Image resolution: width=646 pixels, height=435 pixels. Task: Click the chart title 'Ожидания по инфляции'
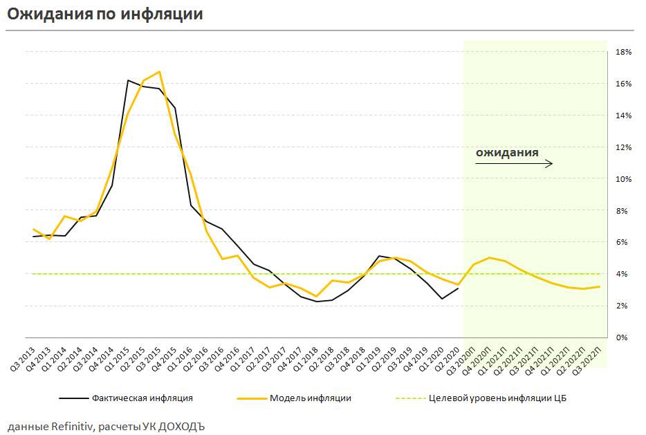105,14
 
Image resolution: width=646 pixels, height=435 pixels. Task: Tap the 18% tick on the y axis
622,52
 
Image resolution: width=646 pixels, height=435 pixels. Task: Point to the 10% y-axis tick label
622,179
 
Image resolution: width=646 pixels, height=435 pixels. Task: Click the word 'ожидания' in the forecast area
507,152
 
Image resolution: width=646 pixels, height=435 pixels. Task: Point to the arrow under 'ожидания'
514,164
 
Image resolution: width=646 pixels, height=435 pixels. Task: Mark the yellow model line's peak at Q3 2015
160,71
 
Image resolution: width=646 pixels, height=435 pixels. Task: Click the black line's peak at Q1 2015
128,80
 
